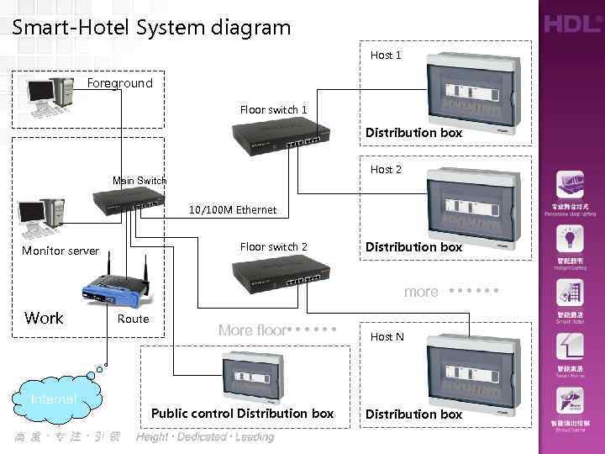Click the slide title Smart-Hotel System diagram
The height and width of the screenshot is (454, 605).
click(151, 27)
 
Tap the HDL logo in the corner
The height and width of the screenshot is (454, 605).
click(571, 24)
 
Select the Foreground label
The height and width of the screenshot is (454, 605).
click(120, 82)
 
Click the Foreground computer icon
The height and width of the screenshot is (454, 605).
click(50, 95)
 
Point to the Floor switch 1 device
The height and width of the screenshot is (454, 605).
click(277, 133)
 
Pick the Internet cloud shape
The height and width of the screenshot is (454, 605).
click(54, 399)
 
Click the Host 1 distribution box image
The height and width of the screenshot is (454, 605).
click(470, 90)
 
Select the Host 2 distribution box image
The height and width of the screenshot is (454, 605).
click(470, 203)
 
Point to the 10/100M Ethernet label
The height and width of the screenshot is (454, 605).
click(233, 209)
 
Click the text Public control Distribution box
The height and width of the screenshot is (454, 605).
click(242, 413)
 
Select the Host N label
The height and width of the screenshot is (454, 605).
click(387, 336)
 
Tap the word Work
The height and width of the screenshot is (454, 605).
click(44, 318)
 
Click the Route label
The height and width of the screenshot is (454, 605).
click(133, 319)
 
